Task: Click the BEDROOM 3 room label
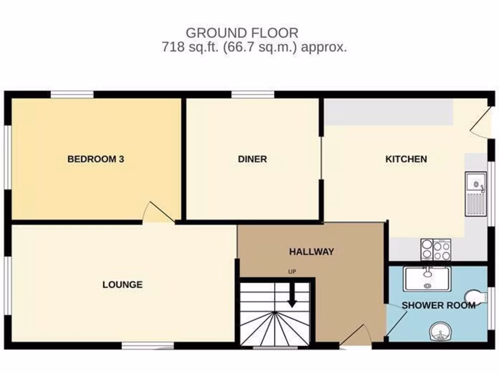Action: click(x=96, y=159)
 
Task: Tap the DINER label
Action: click(x=252, y=159)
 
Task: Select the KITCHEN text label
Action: click(x=406, y=159)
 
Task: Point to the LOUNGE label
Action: click(x=122, y=284)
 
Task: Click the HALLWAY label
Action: click(x=311, y=252)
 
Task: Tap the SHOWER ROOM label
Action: click(x=438, y=305)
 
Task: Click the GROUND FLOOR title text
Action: click(x=242, y=33)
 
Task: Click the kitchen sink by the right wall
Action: click(x=476, y=193)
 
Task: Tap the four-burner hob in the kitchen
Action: click(x=436, y=249)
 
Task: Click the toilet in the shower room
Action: click(x=476, y=297)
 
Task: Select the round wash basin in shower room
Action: click(x=440, y=333)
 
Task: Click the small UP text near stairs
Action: click(x=292, y=272)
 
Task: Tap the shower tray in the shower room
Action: click(x=427, y=279)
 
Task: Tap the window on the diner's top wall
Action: click(x=252, y=94)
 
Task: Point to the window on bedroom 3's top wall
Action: click(x=72, y=94)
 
